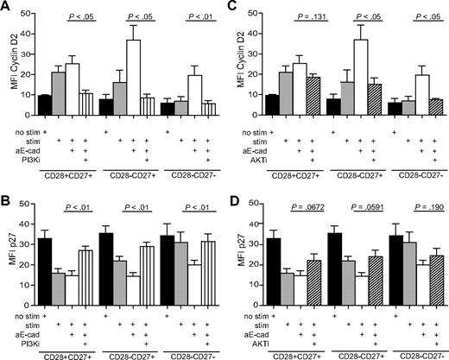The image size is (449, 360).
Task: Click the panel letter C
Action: coord(234,7)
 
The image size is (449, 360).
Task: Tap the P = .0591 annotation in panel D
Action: coord(368,194)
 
